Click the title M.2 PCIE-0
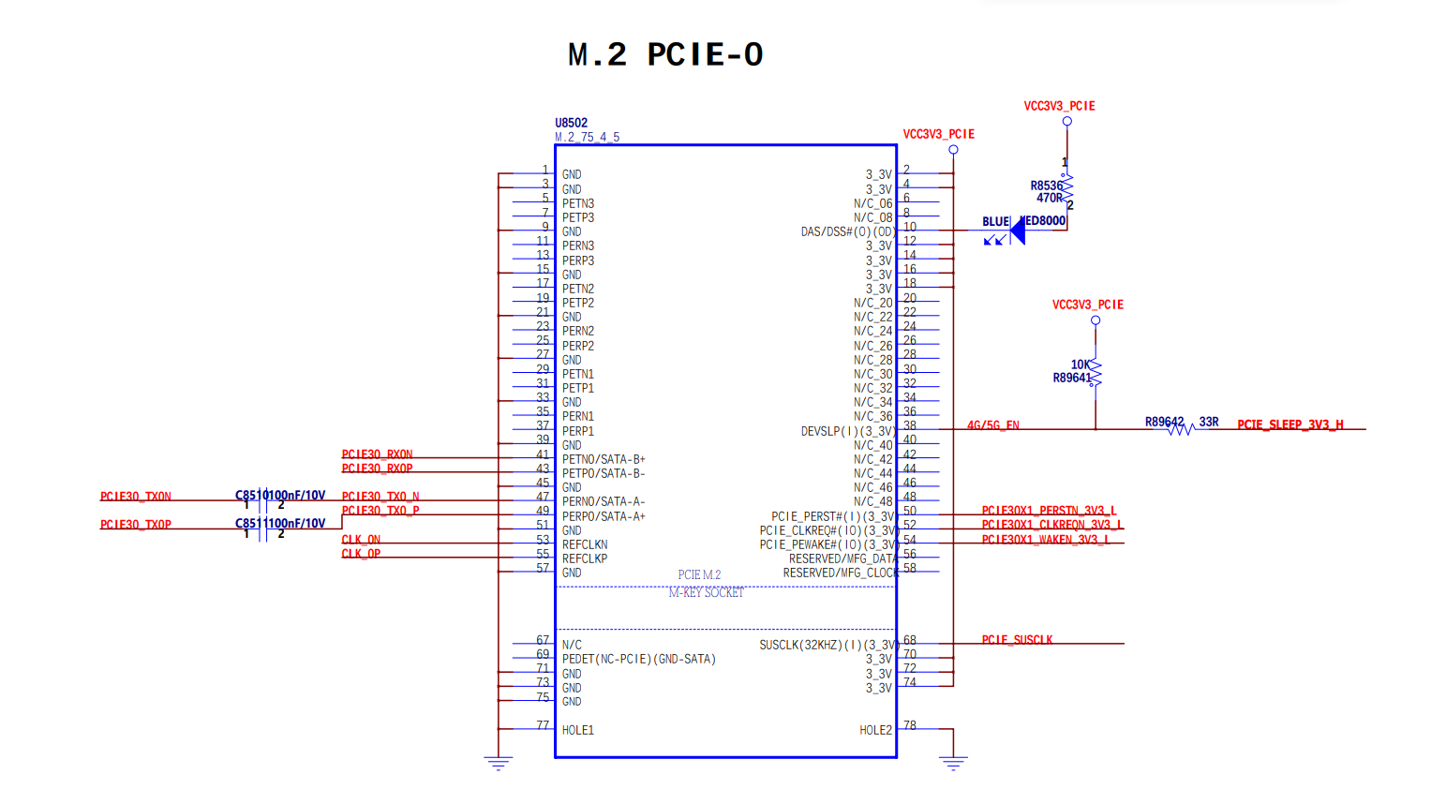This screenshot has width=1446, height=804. [665, 54]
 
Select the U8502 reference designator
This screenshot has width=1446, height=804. [571, 123]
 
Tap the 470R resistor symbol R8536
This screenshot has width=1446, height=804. [1066, 187]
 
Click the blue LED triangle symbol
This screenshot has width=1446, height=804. [1017, 231]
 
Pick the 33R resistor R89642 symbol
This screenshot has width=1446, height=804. [1179, 428]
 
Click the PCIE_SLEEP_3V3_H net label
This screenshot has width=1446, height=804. [1289, 424]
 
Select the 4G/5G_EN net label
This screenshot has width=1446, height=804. [992, 425]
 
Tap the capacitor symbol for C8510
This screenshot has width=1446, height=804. [263, 501]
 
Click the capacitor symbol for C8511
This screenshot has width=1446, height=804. [263, 529]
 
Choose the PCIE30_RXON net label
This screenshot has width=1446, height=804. [377, 454]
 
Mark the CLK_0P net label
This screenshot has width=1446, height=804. [361, 554]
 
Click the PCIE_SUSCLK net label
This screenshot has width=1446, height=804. [1017, 640]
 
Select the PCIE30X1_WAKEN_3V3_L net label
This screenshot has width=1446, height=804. [1045, 540]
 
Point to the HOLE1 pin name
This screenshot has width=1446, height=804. [577, 730]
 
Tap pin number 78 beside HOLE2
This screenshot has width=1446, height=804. [909, 725]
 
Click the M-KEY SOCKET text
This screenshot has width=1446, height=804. [706, 592]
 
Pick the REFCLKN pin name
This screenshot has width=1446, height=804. [585, 544]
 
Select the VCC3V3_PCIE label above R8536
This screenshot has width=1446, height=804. [1059, 106]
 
